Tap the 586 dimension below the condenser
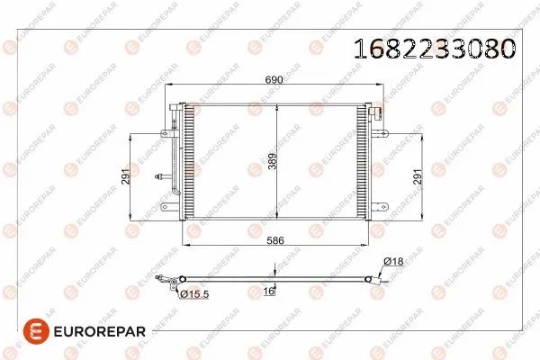274,240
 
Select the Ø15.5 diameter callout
194,293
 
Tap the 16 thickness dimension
269,292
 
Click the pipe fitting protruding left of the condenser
162,177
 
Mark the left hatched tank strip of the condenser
188,162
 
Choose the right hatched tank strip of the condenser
364,162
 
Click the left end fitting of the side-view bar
166,281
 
